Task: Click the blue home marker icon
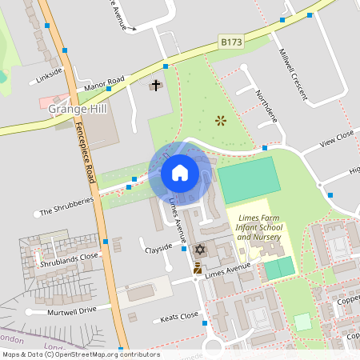(180, 172)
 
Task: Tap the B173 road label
(230, 42)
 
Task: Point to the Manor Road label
(105, 83)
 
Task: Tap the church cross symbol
(156, 85)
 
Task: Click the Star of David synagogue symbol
(200, 250)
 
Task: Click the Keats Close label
(179, 317)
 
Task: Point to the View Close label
(337, 140)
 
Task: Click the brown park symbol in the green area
(221, 121)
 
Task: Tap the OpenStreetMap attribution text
(80, 354)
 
